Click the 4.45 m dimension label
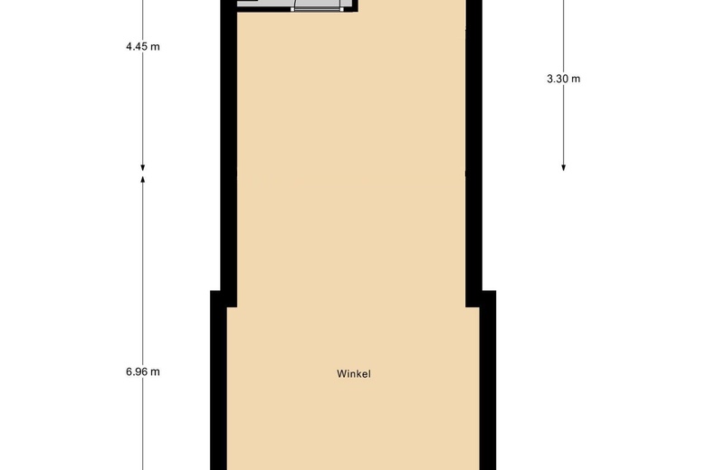pyautogui.click(x=143, y=47)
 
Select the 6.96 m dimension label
pyautogui.click(x=143, y=372)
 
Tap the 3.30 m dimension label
pyautogui.click(x=563, y=80)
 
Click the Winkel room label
pyautogui.click(x=354, y=374)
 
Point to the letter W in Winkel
pyautogui.click(x=341, y=374)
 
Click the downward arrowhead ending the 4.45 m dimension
pyautogui.click(x=143, y=168)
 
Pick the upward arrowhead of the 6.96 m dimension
pyautogui.click(x=143, y=180)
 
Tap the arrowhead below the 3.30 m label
pyautogui.click(x=563, y=168)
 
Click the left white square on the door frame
pyautogui.click(x=292, y=9)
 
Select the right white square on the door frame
pyautogui.click(x=342, y=9)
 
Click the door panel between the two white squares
pyautogui.click(x=318, y=9)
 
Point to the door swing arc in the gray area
pyautogui.click(x=293, y=4)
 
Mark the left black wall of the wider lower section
pyautogui.click(x=218, y=380)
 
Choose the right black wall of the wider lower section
pyautogui.click(x=488, y=380)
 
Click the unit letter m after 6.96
pyautogui.click(x=156, y=373)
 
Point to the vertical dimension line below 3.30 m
pyautogui.click(x=563, y=125)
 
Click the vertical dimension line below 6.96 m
pyautogui.click(x=143, y=424)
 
